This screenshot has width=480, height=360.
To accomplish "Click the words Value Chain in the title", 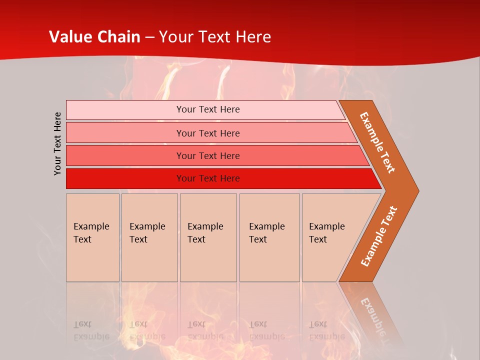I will click(x=94, y=37).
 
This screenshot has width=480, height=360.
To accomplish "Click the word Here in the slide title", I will click(x=253, y=37).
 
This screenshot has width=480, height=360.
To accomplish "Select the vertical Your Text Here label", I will click(x=58, y=143).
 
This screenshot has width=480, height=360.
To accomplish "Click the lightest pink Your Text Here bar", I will click(x=208, y=109).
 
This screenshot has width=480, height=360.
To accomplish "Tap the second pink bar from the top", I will click(x=208, y=133).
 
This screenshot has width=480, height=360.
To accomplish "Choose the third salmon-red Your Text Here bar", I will click(x=208, y=155).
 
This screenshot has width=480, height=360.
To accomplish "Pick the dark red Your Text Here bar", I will click(x=208, y=178).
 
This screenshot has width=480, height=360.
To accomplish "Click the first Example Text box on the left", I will click(x=92, y=237).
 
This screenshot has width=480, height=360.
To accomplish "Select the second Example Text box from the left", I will click(x=149, y=237).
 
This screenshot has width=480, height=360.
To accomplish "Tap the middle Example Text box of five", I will click(x=208, y=237).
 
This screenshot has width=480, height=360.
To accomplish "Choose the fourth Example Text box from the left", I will click(x=269, y=237).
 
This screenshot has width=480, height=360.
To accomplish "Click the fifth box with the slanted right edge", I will click(x=330, y=237).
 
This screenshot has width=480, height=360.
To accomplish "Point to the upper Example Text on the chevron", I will click(x=377, y=142).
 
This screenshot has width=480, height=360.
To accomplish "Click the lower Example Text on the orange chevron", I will click(x=379, y=236).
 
